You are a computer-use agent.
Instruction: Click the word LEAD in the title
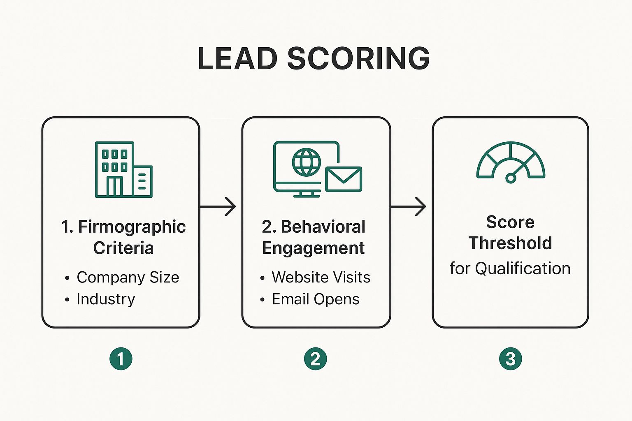237,58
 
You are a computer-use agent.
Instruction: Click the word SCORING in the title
358,58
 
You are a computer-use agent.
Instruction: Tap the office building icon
123,169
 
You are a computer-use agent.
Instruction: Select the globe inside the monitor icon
306,162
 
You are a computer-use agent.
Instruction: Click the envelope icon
344,179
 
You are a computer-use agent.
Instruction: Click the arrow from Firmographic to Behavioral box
218,206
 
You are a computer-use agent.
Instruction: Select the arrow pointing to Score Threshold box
408,206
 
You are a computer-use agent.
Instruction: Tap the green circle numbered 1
121,359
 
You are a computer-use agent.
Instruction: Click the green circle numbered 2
315,359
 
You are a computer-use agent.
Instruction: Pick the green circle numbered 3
510,359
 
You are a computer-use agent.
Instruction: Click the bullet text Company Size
128,278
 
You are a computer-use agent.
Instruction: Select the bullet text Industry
106,299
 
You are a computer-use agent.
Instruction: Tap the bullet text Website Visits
321,278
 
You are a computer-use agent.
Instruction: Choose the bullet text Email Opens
316,299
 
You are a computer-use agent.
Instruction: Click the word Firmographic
132,227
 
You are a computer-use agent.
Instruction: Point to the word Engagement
314,248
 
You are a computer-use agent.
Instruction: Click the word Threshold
510,243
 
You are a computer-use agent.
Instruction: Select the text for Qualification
510,268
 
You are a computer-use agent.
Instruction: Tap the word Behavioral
323,227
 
